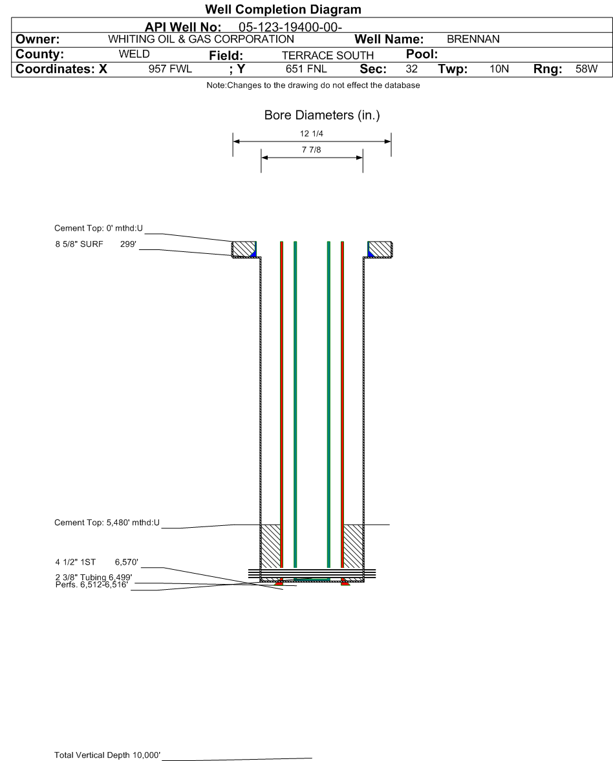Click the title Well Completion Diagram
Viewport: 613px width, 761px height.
[x=283, y=9]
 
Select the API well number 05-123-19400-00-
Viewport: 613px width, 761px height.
[x=290, y=27]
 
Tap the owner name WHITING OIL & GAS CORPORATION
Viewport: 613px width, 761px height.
[x=200, y=39]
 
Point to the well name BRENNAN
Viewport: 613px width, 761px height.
[x=473, y=39]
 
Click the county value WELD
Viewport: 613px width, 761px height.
[x=134, y=54]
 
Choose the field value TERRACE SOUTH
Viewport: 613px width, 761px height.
[x=327, y=56]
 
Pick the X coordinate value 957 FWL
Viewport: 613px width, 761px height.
[x=170, y=69]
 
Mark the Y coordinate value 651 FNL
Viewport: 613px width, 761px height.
[x=306, y=69]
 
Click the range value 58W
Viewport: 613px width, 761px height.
[x=586, y=69]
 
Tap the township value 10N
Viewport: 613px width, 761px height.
[x=499, y=69]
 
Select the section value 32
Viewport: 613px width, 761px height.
[x=411, y=69]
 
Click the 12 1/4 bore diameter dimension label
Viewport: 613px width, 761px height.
[x=312, y=134]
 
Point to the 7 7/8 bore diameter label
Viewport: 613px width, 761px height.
[x=312, y=150]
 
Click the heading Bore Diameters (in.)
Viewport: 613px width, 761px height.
[x=322, y=115]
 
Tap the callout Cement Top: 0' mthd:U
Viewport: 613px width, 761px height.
[x=98, y=228]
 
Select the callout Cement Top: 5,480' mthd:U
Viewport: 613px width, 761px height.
[x=107, y=523]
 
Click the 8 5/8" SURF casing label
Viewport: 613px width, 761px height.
[x=79, y=244]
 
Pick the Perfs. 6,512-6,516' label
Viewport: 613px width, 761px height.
[x=91, y=585]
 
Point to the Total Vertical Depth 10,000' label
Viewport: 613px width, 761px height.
[x=107, y=755]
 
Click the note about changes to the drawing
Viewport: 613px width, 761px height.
[x=314, y=85]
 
